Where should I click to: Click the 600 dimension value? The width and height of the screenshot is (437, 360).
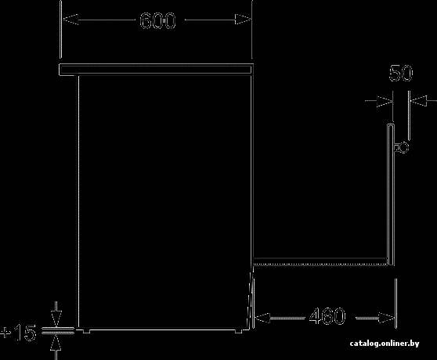click(157, 20)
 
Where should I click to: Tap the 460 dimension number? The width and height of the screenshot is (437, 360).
click(327, 316)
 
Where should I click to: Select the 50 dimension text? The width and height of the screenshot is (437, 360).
click(401, 74)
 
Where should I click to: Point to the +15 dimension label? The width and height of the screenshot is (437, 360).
click(18, 333)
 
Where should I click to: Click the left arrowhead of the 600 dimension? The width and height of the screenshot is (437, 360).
click(70, 20)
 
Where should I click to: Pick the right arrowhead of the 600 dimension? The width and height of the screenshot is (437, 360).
click(243, 20)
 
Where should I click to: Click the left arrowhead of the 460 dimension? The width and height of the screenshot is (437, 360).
click(262, 318)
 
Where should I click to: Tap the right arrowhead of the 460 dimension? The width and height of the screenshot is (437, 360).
click(387, 318)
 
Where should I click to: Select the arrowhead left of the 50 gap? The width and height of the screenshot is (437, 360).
click(384, 101)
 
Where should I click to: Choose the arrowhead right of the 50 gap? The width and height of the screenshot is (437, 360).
click(419, 101)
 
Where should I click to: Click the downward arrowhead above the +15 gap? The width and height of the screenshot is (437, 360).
click(56, 319)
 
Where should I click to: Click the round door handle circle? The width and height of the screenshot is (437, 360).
click(404, 147)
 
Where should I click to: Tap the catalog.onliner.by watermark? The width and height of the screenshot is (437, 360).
click(385, 344)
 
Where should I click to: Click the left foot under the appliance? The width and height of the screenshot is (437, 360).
click(87, 331)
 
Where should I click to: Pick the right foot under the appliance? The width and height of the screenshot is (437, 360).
click(238, 331)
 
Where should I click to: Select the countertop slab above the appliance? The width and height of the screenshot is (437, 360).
click(156, 70)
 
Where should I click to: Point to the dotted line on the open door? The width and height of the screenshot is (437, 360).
click(320, 264)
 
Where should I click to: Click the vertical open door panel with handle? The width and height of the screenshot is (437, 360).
click(391, 195)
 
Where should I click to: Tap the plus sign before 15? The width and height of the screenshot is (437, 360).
click(5, 333)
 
